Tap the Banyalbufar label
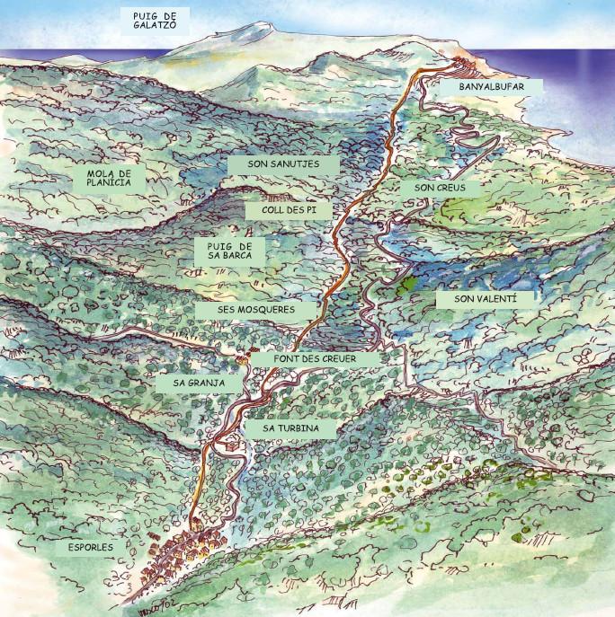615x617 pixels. pyautogui.click(x=488, y=87)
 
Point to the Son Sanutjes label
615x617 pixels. pyautogui.click(x=282, y=165)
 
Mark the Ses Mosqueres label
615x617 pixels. pyautogui.click(x=256, y=309)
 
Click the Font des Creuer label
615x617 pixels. pyautogui.click(x=315, y=358)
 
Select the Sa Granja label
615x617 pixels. pyautogui.click(x=199, y=383)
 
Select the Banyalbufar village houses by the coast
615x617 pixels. pyautogui.click(x=464, y=65)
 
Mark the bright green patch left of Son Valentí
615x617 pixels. pyautogui.click(x=405, y=285)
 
